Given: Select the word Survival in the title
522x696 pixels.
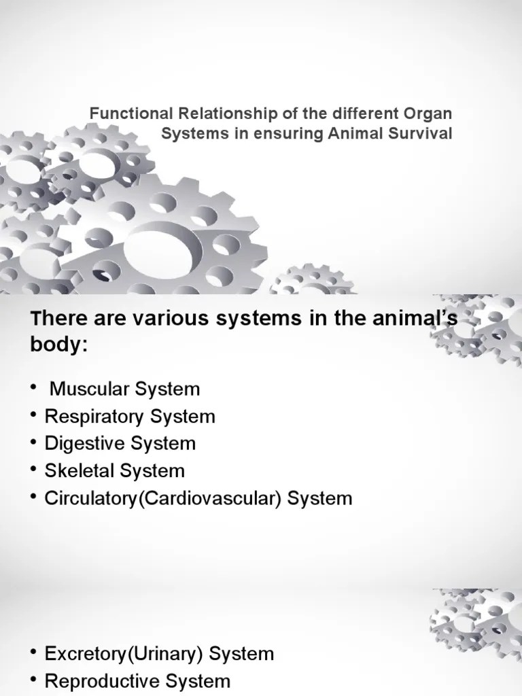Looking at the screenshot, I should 425,133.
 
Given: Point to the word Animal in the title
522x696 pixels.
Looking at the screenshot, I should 368,133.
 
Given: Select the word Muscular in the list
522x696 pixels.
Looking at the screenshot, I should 86,389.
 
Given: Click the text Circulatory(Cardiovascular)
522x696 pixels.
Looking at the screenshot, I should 163,498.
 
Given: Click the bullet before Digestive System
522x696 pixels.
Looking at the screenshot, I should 33,444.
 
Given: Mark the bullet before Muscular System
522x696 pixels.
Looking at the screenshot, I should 33,389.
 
